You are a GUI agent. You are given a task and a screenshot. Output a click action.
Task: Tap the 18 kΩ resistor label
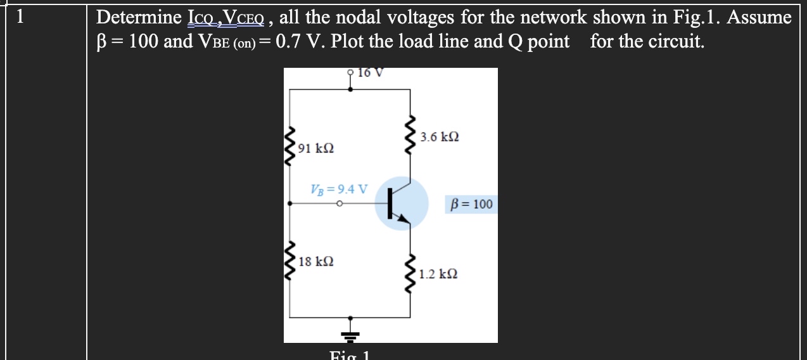[315, 261]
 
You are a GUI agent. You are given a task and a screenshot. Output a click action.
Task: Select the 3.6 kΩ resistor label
[440, 137]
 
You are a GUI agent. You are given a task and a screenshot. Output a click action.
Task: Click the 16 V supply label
[370, 72]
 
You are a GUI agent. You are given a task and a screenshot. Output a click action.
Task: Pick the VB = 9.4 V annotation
[339, 189]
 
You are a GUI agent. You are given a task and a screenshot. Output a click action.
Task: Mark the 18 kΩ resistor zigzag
[291, 260]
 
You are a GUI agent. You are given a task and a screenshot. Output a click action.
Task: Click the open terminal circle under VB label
[340, 204]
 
